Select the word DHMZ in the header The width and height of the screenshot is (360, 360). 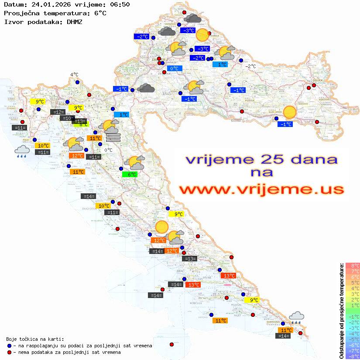coord(72,21)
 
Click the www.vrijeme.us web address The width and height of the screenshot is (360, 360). coord(261,189)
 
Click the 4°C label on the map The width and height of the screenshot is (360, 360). coord(74,75)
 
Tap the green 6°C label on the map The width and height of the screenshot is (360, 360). coord(130,174)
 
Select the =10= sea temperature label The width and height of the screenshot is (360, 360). coord(67,118)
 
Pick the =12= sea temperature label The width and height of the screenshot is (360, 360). coord(57,112)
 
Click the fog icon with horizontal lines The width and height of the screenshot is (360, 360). coord(113,137)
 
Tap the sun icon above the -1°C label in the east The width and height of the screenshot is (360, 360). coord(289,113)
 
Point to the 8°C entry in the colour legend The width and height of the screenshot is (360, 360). coord(352,265)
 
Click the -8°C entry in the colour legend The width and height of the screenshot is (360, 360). coord(352,356)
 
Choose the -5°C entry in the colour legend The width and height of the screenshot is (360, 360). coord(352,339)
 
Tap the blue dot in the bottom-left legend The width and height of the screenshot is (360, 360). coord(10,346)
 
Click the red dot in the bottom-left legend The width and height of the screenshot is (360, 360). coord(10,352)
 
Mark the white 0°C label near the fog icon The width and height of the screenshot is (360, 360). coord(108,150)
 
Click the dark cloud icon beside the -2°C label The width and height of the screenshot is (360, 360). coord(166,31)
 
